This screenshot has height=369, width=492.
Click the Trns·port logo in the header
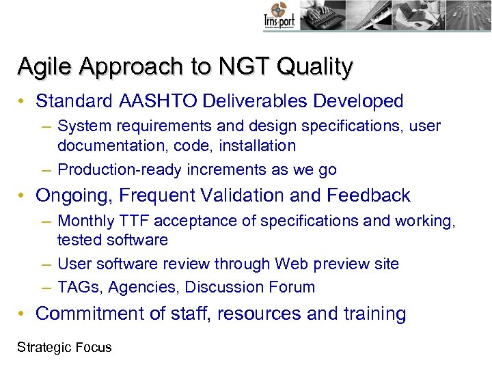(x=279, y=16)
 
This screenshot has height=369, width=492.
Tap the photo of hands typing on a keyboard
(x=321, y=14)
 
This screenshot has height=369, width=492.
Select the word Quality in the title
(x=316, y=67)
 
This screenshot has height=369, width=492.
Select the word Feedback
(x=368, y=196)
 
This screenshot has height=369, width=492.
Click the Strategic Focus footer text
(x=64, y=348)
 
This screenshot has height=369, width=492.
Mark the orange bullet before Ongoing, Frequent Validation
(x=23, y=196)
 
